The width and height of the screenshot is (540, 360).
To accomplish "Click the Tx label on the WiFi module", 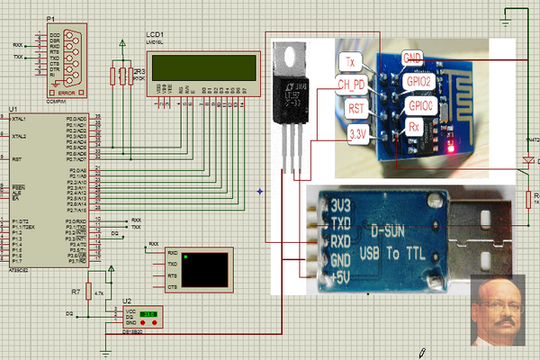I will tap(352, 61).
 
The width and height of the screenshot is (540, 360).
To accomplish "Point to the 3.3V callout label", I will tap(357, 133).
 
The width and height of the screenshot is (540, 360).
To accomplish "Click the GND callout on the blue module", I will tap(414, 57).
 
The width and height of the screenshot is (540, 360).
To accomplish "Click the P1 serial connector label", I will tap(50, 18).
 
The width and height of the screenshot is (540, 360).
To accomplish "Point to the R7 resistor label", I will tap(76, 292).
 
